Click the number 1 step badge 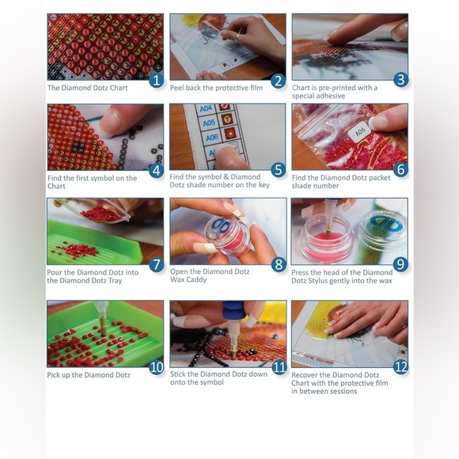click(x=157, y=80)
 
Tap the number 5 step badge click(x=279, y=170)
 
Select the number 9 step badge click(x=400, y=264)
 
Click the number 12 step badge click(x=400, y=367)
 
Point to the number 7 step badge click(x=157, y=264)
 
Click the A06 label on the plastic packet click(x=360, y=132)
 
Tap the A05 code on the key click(x=209, y=123)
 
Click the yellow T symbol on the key click(x=226, y=119)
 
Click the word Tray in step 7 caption click(x=115, y=281)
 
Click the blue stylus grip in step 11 click(x=233, y=310)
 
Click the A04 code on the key click(x=206, y=108)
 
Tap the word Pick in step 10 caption click(x=53, y=375)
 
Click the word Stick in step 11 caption click(x=178, y=374)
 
